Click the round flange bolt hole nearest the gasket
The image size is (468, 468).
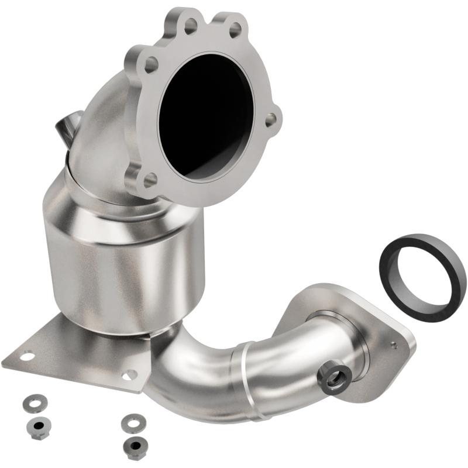(x=271, y=119)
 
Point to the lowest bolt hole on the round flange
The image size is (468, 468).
(x=150, y=178)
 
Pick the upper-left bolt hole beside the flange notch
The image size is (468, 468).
(x=191, y=25)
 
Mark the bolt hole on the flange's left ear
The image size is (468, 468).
(x=151, y=65)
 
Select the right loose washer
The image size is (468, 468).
(x=132, y=421)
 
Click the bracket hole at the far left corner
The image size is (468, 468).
(x=26, y=355)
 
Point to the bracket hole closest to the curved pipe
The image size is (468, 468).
(x=129, y=375)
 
